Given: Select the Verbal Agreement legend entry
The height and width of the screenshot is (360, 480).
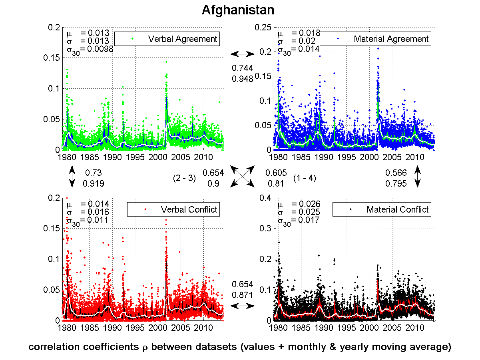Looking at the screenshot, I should click(x=182, y=39).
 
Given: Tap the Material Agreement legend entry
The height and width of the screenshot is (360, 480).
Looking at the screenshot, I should click(x=391, y=39).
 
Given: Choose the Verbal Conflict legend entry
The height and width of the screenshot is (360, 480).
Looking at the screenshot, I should click(x=189, y=209).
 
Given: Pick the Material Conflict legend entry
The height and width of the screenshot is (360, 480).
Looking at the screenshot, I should click(x=397, y=209).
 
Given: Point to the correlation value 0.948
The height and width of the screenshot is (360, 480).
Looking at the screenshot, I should click(x=243, y=79).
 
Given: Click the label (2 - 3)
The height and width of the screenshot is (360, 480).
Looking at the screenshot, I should click(x=184, y=179).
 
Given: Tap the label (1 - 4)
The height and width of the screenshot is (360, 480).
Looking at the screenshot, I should click(x=305, y=179).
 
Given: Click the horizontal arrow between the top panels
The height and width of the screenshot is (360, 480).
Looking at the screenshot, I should click(x=243, y=54).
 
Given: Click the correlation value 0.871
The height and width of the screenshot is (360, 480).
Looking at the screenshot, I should click(x=243, y=295).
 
